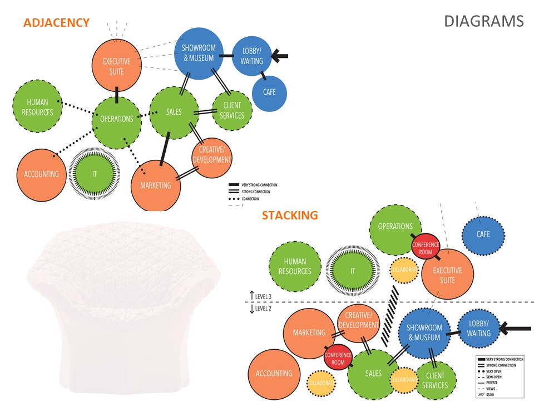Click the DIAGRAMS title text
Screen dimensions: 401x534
(x=483, y=21)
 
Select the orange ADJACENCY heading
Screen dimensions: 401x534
(x=56, y=23)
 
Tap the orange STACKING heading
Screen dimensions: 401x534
(x=290, y=215)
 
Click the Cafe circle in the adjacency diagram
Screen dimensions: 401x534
(x=270, y=92)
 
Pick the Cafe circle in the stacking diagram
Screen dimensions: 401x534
(x=483, y=234)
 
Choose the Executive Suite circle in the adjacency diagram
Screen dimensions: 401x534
(x=117, y=66)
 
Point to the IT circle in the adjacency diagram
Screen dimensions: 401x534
(x=95, y=174)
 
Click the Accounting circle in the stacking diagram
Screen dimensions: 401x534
(x=274, y=374)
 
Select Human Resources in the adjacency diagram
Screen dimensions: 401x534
(x=37, y=107)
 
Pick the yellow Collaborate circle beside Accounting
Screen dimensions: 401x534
(x=321, y=384)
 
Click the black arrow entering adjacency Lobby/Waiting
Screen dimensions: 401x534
(x=280, y=55)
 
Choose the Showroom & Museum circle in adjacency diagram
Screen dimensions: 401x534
(x=199, y=54)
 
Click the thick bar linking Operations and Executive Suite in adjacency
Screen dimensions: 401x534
(x=117, y=95)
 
